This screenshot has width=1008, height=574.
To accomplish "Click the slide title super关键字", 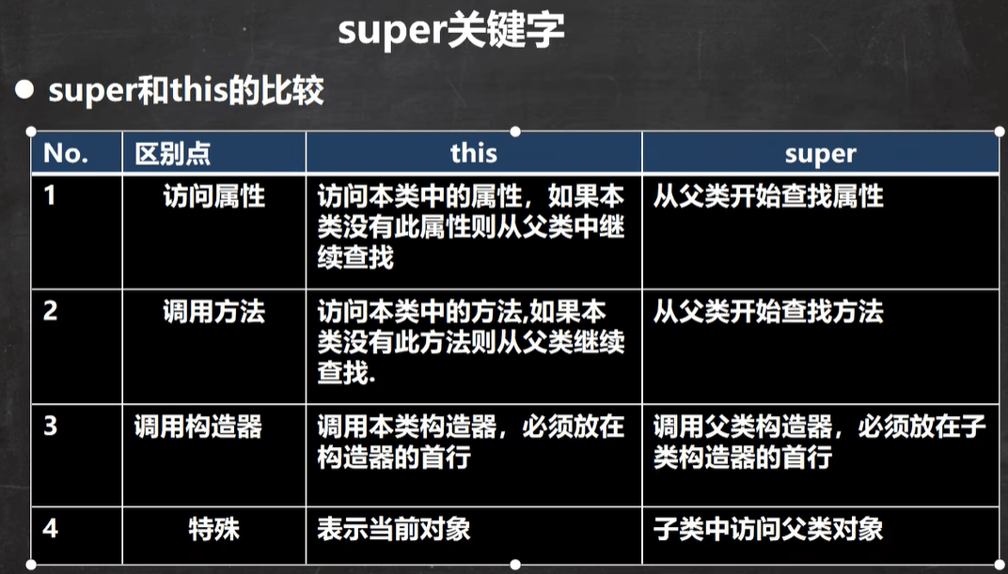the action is [451, 31].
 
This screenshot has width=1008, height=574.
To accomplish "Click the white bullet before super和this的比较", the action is [24, 90].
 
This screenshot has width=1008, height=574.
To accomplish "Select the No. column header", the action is [66, 153].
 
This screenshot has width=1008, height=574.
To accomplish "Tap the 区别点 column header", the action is [172, 154].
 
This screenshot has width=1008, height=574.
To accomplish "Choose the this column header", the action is [474, 153].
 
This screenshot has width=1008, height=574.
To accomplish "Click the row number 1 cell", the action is [50, 195].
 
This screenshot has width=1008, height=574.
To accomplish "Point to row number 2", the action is [50, 311].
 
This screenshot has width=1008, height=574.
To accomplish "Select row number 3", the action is [50, 426].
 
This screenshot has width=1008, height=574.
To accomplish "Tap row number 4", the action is [50, 529].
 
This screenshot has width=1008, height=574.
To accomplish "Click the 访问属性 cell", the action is [214, 195].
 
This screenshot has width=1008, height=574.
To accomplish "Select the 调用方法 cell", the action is [214, 311].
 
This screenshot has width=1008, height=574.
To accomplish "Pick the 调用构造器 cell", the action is [198, 427].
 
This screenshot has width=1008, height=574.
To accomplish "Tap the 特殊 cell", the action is [214, 530].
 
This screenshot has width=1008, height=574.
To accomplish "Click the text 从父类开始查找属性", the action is [768, 195].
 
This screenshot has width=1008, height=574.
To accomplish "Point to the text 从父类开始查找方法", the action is [768, 311].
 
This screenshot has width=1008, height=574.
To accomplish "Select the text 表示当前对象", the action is [393, 530].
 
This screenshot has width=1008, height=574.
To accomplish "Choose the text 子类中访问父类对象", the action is [768, 530].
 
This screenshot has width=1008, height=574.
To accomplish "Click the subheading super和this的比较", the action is [186, 91].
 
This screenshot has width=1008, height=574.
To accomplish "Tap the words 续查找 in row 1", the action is [355, 257].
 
